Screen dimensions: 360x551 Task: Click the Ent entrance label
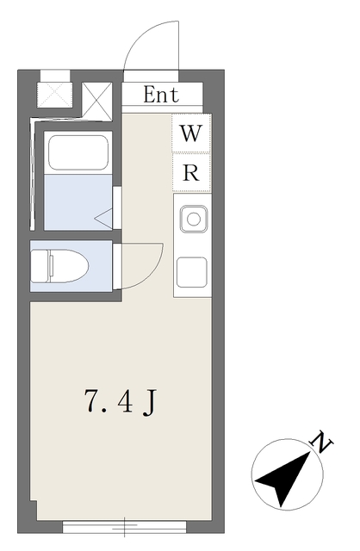pyautogui.click(x=161, y=95)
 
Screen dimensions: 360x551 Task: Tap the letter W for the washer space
pyautogui.click(x=191, y=133)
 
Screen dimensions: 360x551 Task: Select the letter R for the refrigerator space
pyautogui.click(x=191, y=172)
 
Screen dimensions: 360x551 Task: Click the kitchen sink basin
pyautogui.click(x=194, y=220)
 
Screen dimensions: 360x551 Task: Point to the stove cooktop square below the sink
pyautogui.click(x=191, y=272)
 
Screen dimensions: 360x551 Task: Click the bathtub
pyautogui.click(x=78, y=153)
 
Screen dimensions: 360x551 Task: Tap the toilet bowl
pyautogui.click(x=69, y=266)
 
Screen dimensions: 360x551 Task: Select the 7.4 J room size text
pyautogui.click(x=120, y=402)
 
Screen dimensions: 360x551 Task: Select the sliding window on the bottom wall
pyautogui.click(x=125, y=526)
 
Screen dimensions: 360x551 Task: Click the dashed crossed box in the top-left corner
pyautogui.click(x=54, y=95)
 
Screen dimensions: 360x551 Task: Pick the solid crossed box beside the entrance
pyautogui.click(x=97, y=101)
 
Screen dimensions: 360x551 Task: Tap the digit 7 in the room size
pyautogui.click(x=91, y=400)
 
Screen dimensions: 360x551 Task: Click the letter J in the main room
pyautogui.click(x=149, y=403)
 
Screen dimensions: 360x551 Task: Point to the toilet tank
pyautogui.click(x=40, y=266)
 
